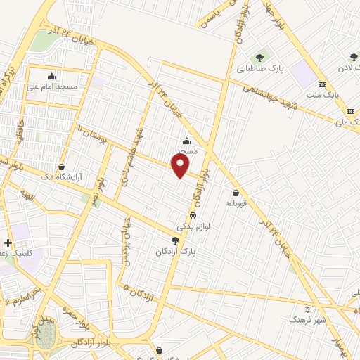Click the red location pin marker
point(181,165)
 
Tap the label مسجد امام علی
point(52,87)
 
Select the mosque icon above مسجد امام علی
point(52,77)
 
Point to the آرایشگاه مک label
point(63,178)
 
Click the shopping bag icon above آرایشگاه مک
point(63,167)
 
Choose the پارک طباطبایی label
point(260,69)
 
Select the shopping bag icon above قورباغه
point(236,193)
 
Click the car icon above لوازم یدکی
point(192,216)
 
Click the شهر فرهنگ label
point(307,320)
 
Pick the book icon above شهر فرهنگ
point(307,309)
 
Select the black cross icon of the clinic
point(8,243)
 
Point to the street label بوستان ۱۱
point(89,131)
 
